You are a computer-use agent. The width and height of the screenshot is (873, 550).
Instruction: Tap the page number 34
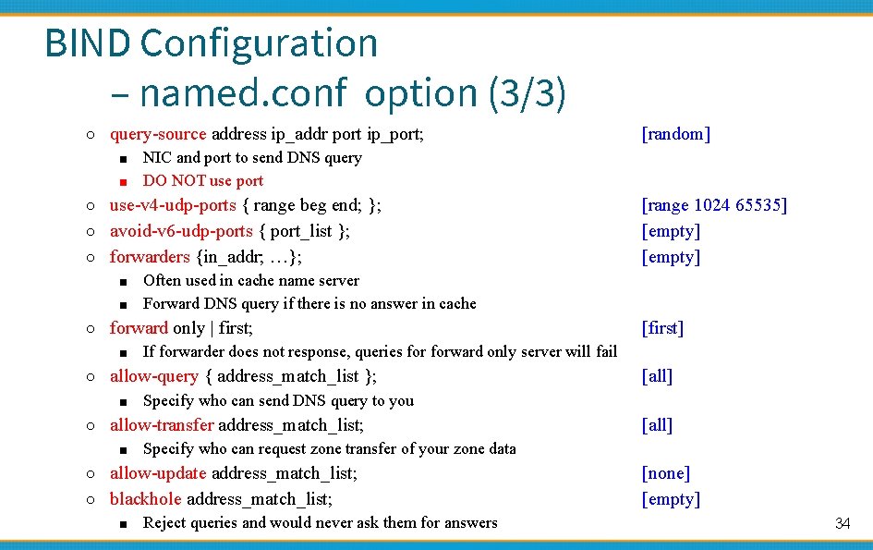[843, 523]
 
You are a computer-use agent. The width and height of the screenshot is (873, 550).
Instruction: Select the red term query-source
[159, 134]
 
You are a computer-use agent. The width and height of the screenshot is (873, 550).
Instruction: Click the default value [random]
[675, 134]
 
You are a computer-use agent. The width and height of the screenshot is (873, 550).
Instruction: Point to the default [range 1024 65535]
[714, 205]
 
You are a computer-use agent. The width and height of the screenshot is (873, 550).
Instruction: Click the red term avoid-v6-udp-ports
[181, 231]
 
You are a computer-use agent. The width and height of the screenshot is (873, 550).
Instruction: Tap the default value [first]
[662, 328]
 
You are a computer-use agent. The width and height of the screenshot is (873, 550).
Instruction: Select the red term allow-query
[153, 376]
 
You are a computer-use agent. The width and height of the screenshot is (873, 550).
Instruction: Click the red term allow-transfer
[162, 425]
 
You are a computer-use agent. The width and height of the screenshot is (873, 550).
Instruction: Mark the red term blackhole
[146, 499]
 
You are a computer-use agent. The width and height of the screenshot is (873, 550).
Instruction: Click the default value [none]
[665, 473]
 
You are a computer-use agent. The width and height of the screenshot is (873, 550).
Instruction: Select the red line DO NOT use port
[203, 181]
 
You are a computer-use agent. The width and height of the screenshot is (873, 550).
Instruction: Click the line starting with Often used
[251, 280]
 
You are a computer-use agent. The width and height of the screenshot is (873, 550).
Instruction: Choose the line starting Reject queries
[320, 523]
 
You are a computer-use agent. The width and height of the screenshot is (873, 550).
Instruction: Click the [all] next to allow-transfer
[657, 425]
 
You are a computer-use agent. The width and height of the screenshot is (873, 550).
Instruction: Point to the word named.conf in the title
[243, 92]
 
